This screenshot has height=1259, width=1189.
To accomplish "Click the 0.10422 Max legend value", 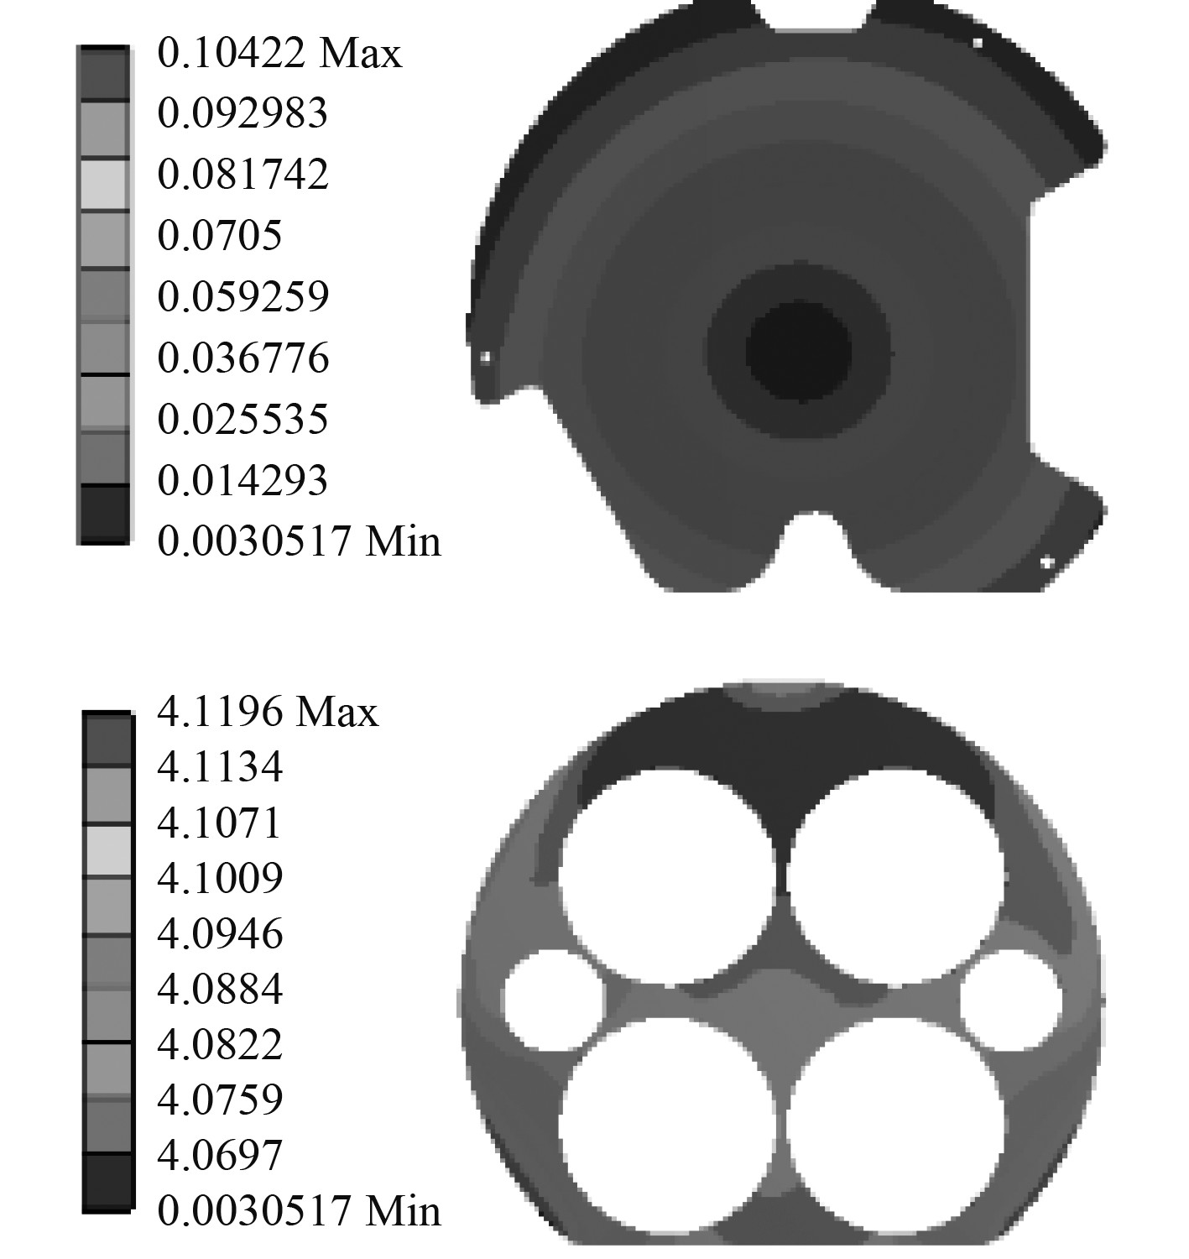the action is (x=279, y=53).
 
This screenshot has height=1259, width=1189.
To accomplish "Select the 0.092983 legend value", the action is (x=242, y=113).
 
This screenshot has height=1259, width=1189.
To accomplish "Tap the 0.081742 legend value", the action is (x=243, y=175).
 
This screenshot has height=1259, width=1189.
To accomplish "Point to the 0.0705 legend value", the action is (x=219, y=236).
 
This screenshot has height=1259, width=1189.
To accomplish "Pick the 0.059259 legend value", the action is (x=243, y=296).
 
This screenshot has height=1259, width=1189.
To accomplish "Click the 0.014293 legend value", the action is (x=242, y=480).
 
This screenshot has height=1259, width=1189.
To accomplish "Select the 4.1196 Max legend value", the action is (x=268, y=711).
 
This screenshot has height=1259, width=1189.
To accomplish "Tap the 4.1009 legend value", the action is (x=220, y=878).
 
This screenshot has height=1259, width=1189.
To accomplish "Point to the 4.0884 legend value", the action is (x=220, y=989).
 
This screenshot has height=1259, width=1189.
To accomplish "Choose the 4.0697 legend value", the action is (x=220, y=1155).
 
